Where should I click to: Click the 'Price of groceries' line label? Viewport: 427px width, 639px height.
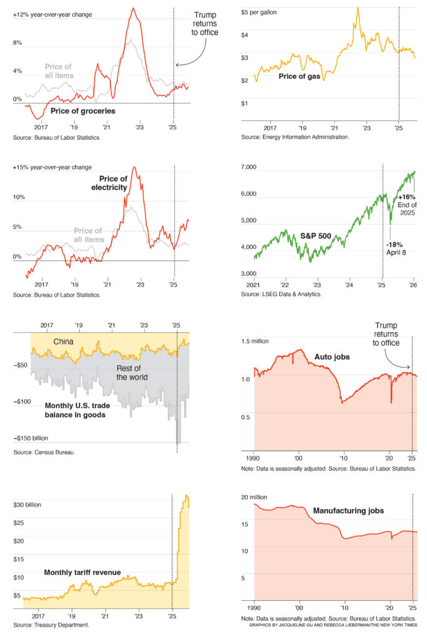point(82,110)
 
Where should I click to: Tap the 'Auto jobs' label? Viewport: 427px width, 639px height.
point(331,357)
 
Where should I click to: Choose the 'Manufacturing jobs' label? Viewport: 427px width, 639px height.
point(348,510)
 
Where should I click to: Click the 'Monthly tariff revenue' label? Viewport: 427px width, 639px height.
point(82,572)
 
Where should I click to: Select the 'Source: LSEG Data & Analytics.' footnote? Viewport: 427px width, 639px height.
point(282,293)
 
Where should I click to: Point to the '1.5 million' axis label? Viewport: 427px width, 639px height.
point(257,341)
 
